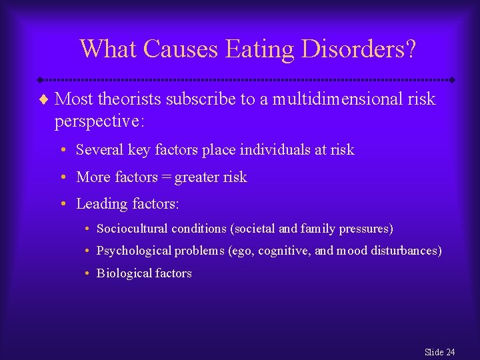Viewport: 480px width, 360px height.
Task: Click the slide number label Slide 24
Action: (x=439, y=352)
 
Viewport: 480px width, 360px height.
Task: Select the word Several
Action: (x=98, y=150)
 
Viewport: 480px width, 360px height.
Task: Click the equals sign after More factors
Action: (x=166, y=177)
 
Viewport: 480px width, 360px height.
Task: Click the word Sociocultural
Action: (x=132, y=229)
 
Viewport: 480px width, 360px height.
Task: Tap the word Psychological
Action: (x=133, y=251)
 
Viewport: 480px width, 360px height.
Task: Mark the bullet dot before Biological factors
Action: (x=88, y=273)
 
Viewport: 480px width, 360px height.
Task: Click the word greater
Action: (x=197, y=177)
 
